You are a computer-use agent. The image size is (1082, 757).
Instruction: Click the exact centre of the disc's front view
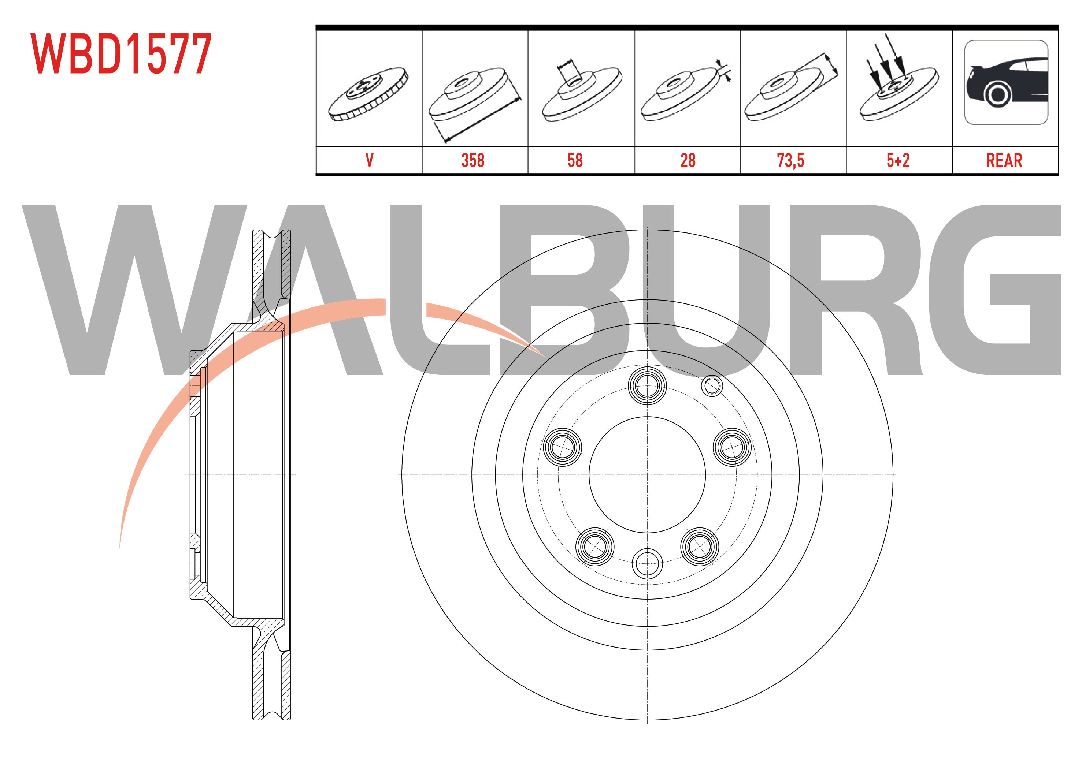(x=648, y=474)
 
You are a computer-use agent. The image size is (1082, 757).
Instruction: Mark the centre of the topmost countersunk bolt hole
(x=648, y=386)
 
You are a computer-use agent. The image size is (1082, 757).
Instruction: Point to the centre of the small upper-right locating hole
(x=712, y=386)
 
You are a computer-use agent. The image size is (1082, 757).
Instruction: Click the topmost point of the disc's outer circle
(x=648, y=230)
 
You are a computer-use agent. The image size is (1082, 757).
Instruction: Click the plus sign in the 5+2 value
(x=898, y=161)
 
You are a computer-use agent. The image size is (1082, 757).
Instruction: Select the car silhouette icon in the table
(x=1006, y=82)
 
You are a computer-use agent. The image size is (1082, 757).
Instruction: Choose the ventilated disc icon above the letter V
(x=368, y=94)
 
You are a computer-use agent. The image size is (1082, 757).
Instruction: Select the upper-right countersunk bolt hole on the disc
(x=732, y=447)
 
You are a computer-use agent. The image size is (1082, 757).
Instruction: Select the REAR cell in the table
(x=1004, y=161)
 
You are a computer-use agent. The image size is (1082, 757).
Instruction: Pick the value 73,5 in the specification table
(x=790, y=161)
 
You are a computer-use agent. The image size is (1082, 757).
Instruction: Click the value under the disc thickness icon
(x=688, y=161)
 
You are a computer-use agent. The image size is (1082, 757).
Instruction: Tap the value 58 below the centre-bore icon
(x=575, y=161)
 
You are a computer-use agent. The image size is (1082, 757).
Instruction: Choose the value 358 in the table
(x=473, y=161)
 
